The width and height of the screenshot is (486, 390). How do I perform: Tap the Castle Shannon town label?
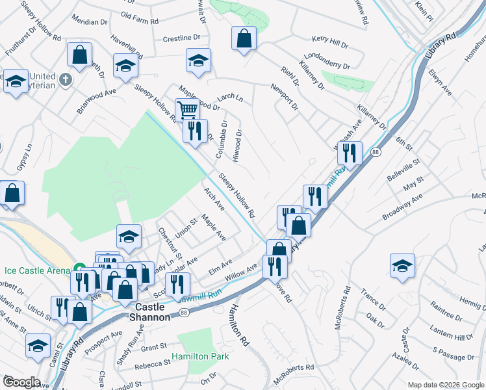click(152, 311)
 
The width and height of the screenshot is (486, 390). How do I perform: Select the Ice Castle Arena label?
click(36, 270)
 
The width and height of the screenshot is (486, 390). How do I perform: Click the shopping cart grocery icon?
click(187, 109)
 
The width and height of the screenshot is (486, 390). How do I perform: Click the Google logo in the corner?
click(21, 382)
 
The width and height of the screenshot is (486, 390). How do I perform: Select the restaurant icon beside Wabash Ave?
click(350, 153)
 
